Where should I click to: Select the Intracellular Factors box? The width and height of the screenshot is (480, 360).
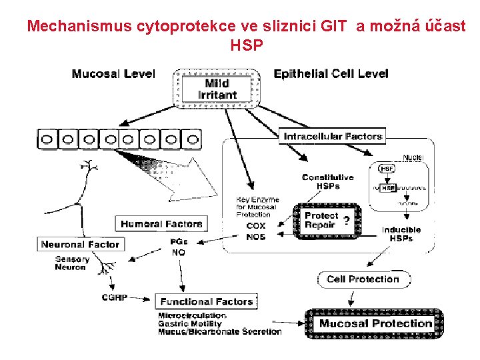pos(333,137)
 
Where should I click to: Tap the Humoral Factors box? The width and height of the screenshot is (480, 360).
pos(161,223)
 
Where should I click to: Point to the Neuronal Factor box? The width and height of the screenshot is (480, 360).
pos(80,244)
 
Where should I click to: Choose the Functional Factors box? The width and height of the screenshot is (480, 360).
pos(207,301)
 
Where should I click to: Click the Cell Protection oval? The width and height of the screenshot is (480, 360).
pos(363,279)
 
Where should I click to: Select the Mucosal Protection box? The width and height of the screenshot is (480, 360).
pos(375,324)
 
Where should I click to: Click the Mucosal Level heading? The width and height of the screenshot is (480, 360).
pos(113,74)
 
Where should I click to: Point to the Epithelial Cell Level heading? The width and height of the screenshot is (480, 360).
pos(331,73)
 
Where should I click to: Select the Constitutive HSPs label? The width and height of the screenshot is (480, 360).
pos(328,181)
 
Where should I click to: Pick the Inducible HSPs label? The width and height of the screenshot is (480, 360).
pos(401,234)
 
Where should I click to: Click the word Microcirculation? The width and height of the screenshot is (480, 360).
pos(192,315)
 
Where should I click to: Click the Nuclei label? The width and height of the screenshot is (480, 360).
pos(412,158)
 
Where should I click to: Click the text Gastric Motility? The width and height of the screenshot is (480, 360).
pos(190,323)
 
